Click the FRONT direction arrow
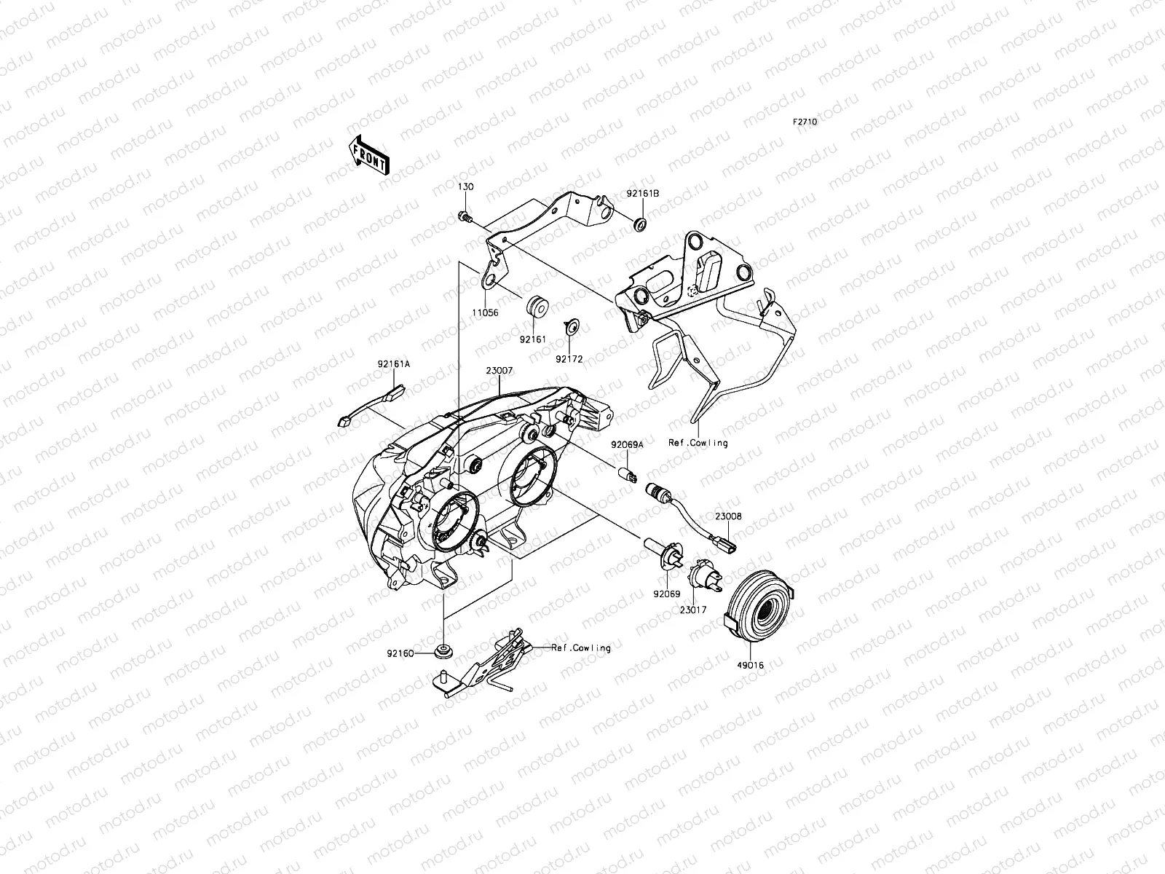[369, 155]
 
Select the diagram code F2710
[805, 122]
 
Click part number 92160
[399, 653]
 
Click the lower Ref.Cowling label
[580, 647]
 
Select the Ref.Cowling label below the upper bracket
[698, 443]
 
